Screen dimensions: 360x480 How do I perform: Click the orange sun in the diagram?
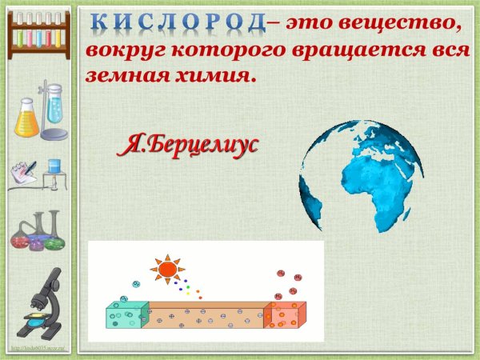(x=167, y=270)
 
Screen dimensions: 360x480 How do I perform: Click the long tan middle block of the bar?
(x=204, y=318)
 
